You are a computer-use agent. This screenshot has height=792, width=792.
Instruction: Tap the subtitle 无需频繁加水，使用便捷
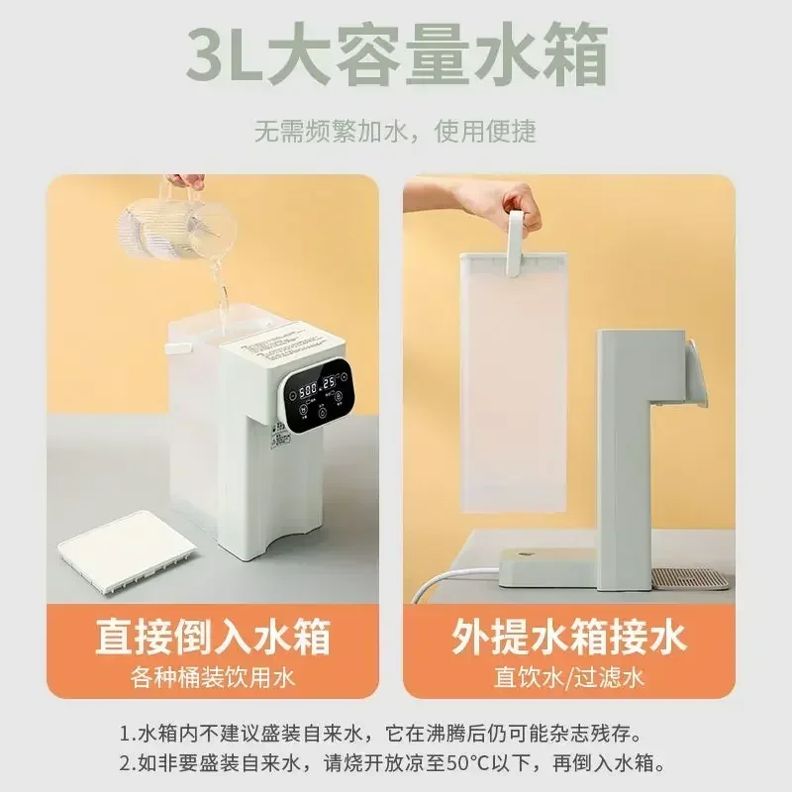395,131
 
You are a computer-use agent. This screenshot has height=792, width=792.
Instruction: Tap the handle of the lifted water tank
517,244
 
